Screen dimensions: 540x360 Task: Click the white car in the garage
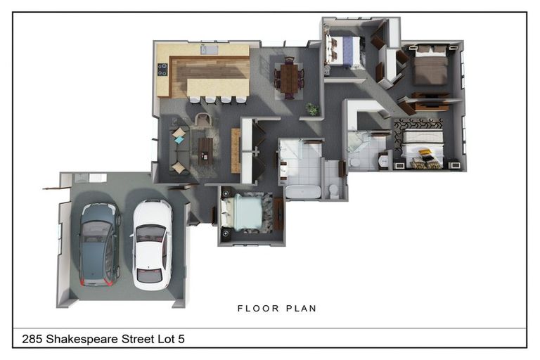click(152, 245)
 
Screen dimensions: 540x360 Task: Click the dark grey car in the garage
click(100, 244)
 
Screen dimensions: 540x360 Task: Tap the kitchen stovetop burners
click(162, 69)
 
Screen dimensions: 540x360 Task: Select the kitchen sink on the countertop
click(209, 50)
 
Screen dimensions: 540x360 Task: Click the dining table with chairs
click(289, 78)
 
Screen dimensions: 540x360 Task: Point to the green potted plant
click(313, 109)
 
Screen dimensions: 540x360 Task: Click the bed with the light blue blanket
click(243, 212)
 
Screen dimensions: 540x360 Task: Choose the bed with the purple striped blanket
click(343, 51)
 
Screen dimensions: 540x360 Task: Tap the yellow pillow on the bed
click(425, 152)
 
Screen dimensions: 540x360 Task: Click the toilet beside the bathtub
click(334, 191)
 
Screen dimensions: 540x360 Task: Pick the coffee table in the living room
click(205, 151)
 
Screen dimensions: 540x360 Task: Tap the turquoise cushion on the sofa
click(179, 140)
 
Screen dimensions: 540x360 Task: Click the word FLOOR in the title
click(258, 309)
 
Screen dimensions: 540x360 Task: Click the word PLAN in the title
click(301, 309)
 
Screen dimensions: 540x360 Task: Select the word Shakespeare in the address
click(82, 340)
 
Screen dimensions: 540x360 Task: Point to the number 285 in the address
click(32, 339)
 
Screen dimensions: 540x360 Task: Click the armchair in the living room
click(205, 120)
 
